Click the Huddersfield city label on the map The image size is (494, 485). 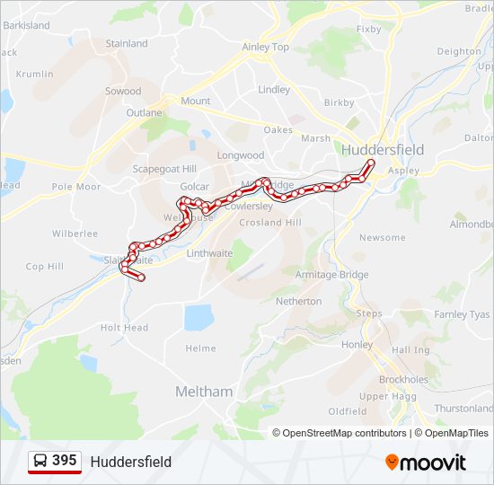(x=382, y=149)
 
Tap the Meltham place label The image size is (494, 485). (x=203, y=392)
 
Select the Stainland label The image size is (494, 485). (x=127, y=43)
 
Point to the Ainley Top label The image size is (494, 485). (x=266, y=47)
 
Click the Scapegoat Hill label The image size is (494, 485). (x=164, y=169)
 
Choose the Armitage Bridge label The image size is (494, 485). (x=331, y=274)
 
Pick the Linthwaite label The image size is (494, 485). (x=209, y=253)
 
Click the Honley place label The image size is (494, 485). (x=357, y=345)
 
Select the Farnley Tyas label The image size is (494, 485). (x=462, y=314)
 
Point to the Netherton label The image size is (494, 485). (x=298, y=301)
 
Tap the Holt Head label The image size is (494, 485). (x=124, y=328)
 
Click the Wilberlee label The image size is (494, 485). (x=75, y=234)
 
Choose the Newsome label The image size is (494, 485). (x=382, y=237)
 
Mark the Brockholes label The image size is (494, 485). (x=403, y=379)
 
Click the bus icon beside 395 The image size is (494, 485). (x=40, y=461)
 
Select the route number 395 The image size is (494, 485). (x=65, y=460)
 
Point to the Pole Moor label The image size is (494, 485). (x=76, y=187)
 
